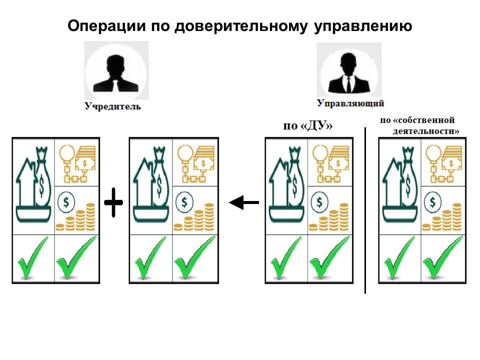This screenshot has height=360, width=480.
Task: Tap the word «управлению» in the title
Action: coord(362,26)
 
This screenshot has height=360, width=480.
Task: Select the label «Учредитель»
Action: coord(112,106)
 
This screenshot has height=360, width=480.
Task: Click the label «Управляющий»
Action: coord(350,103)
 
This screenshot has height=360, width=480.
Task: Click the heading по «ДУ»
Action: coord(308,126)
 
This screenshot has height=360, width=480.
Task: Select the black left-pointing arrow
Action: coord(244,202)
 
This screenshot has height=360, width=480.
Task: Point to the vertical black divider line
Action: coord(365,210)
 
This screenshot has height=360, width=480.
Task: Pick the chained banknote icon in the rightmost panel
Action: coord(444,161)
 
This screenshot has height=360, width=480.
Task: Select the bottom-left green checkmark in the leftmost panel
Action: coord(32,258)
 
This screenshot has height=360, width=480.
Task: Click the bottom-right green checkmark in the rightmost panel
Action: coord(442,258)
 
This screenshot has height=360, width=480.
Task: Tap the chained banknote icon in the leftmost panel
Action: coord(77,161)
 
